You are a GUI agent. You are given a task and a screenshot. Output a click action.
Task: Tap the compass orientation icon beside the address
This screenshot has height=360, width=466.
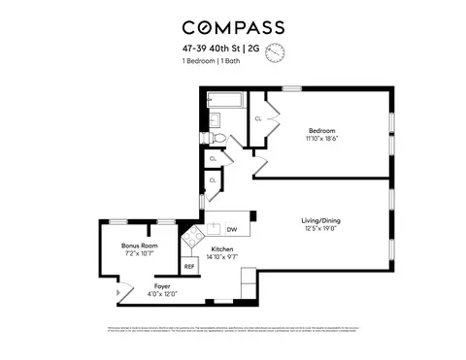tap(275, 50)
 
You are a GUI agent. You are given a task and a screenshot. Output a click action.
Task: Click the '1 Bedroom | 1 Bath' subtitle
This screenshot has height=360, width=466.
tap(212, 62)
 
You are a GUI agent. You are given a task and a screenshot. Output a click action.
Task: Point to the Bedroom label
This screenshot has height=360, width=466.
tap(321, 130)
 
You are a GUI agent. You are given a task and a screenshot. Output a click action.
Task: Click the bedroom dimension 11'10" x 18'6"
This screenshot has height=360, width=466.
tap(321, 138)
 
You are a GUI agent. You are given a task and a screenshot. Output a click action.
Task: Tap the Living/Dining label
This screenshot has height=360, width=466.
tap(320, 220)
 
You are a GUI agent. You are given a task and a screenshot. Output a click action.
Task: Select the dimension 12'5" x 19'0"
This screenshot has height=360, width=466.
tap(320, 229)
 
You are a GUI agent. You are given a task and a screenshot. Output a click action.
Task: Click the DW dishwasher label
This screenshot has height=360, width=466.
tap(232, 230)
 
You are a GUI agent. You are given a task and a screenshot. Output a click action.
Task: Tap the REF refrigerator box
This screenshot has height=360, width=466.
tap(189, 265)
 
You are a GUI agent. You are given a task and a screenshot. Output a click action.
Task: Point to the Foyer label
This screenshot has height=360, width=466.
tap(161, 286)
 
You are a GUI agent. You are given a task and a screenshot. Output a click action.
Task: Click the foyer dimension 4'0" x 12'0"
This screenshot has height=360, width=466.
tap(161, 294)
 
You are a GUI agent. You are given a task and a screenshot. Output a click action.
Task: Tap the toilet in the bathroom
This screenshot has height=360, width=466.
tap(218, 138)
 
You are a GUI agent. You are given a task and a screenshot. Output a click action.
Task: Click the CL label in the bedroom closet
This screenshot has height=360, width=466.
tap(258, 118)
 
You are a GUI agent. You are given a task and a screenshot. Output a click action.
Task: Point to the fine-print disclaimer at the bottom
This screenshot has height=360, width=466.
tap(232, 330)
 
